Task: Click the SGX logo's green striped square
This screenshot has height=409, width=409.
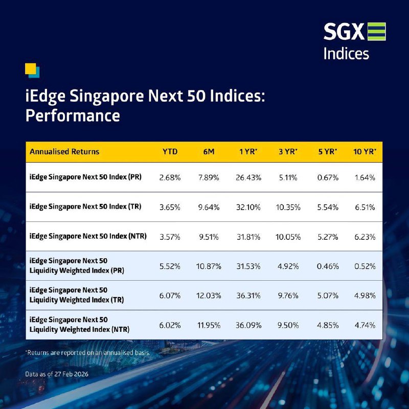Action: click(376, 32)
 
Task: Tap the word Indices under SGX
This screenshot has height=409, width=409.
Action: click(346, 54)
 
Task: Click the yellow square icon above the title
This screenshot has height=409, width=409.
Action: click(31, 69)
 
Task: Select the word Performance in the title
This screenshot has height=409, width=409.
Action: click(73, 116)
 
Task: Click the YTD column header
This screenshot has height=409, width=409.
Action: click(170, 151)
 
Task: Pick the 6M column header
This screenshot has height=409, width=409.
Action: click(209, 151)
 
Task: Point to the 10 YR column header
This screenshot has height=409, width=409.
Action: click(365, 151)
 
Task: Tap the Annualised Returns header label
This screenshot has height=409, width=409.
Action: click(64, 151)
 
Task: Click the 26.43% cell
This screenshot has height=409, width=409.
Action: click(248, 177)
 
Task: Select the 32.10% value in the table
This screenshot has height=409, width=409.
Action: click(248, 208)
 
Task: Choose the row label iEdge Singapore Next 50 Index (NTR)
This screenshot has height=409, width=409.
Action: click(88, 236)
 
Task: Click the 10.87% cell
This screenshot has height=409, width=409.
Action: click(209, 266)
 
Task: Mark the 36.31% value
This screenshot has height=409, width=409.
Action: click(248, 296)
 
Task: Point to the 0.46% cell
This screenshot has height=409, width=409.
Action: click(328, 266)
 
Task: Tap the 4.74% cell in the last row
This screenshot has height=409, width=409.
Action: click(365, 325)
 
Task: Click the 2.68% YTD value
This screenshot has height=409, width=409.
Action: click(170, 177)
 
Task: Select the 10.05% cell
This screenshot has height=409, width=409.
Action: click(288, 237)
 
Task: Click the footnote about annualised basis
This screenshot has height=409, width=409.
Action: click(87, 353)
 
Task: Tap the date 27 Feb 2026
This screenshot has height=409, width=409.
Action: click(72, 374)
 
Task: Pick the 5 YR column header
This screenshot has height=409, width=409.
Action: click(328, 151)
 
